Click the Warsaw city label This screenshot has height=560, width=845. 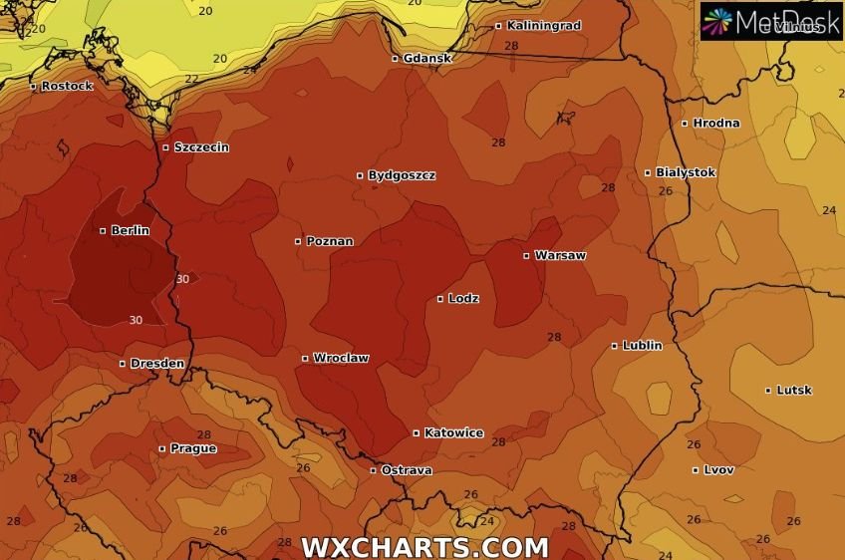coord(560,255)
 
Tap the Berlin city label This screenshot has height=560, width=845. coord(130,230)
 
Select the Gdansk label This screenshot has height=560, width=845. coord(427,58)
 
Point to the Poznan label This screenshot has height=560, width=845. coord(329,240)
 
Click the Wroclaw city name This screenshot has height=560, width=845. coord(341,358)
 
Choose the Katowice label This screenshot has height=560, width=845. coord(453,432)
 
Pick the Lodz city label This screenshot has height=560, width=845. coord(463,298)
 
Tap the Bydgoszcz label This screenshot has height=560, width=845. coord(402,175)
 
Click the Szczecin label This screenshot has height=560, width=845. coord(201,147)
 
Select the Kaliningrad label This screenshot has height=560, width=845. coord(543,25)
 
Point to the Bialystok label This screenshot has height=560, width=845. coord(686,172)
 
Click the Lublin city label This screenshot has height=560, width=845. coord(642,346)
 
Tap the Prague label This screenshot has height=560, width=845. coord(192,448)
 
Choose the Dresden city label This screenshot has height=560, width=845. coord(157,363)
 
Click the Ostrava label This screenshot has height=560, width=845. coord(407,469)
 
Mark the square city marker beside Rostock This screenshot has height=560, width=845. coord(33,87)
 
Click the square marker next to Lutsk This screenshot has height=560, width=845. coord(768,391)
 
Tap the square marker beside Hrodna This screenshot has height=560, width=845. coord(685,124)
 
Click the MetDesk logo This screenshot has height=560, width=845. coord(770,21)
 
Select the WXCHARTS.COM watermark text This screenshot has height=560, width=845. coord(424,547)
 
